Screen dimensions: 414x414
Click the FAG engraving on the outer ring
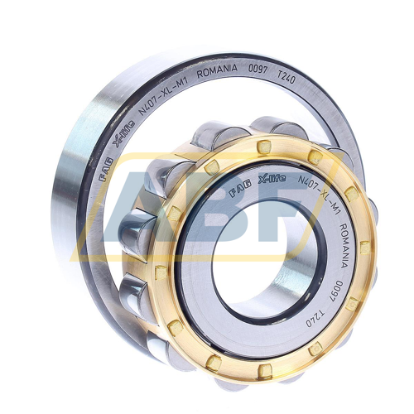(106, 169)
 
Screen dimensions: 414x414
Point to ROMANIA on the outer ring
(217, 70)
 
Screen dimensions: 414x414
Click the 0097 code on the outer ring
(258, 69)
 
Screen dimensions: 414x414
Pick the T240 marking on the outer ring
(286, 77)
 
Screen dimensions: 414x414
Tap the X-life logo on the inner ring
(272, 180)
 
